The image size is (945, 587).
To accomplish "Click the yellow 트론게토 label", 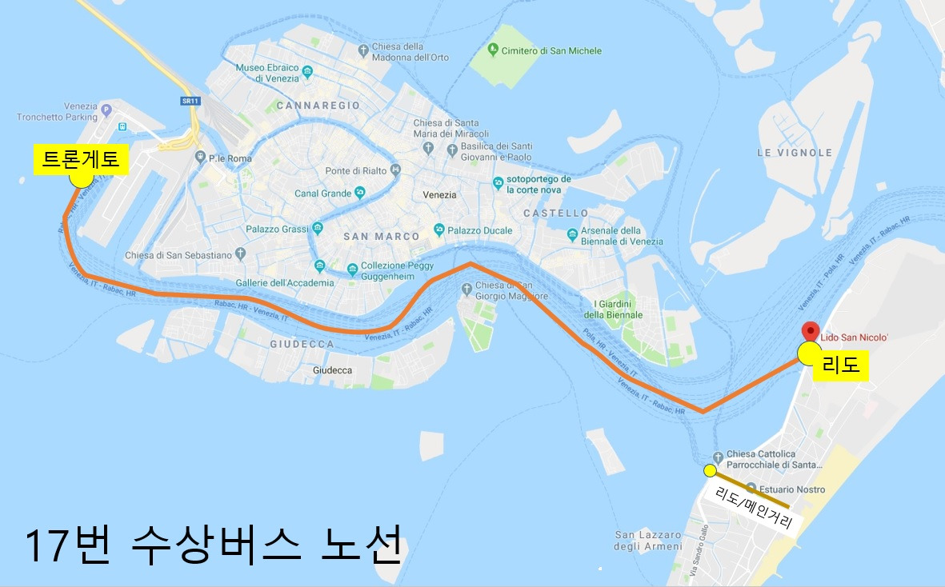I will coord(81,159).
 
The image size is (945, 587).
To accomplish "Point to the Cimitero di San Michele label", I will coord(551,51).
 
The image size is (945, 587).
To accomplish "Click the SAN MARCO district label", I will coord(381,237).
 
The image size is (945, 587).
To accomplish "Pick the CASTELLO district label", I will coord(555,214).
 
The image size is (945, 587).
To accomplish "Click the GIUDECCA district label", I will coord(302,344).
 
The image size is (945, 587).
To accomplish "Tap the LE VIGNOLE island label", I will coord(795,153).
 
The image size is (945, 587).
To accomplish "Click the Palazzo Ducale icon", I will coord(438,230).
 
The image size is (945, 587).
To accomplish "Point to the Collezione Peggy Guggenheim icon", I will coord(352,272).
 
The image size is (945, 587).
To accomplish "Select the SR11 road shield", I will coord(190,101).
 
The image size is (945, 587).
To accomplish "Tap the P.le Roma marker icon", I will coord(201,158).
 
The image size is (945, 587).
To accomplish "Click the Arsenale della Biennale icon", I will coord(572,235).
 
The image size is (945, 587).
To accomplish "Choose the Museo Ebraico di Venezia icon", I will coord(308,73).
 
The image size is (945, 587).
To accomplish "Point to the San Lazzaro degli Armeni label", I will coord(648,541).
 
